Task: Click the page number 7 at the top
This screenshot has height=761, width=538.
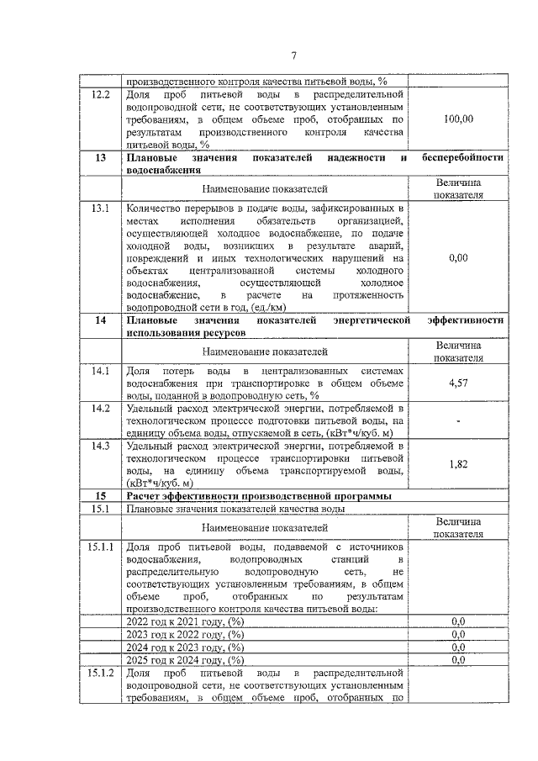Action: [293, 55]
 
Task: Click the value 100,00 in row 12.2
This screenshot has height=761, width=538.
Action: [458, 119]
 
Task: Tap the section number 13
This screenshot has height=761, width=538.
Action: [101, 157]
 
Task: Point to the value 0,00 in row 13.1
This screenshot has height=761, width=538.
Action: [458, 257]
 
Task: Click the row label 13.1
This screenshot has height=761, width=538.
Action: [101, 209]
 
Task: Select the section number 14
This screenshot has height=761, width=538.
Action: [101, 320]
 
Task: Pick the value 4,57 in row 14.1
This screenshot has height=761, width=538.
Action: [458, 383]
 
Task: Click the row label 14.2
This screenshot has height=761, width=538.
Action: [101, 409]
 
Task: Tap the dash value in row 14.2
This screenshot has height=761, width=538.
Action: [458, 421]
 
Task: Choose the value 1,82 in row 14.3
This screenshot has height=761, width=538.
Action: [458, 463]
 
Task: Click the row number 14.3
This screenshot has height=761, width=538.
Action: [101, 446]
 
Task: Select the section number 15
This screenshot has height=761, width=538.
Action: [101, 496]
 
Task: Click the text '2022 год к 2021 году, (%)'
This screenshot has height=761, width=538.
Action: [184, 621]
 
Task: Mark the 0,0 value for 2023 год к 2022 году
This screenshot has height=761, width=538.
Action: [458, 634]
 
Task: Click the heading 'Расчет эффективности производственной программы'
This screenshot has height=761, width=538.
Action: [257, 496]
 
